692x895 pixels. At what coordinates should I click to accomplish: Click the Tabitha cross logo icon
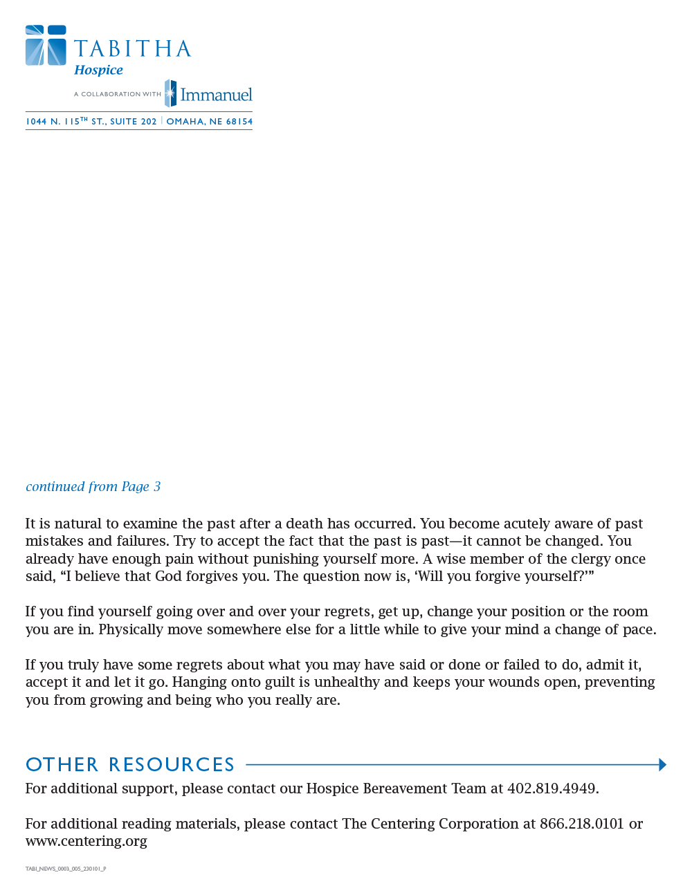pos(46,46)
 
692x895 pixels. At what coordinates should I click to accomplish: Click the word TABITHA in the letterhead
pos(132,49)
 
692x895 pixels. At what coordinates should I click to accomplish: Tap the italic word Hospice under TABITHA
pos(98,70)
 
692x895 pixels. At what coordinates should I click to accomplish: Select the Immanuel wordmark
pos(216,95)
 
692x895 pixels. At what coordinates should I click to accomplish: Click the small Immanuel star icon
pos(170,93)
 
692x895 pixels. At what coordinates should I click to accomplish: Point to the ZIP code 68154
pos(239,122)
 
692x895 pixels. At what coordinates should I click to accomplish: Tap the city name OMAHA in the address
pos(185,122)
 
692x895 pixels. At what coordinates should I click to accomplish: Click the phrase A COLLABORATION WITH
pos(118,94)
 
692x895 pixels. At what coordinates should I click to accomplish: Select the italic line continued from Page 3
pos(93,486)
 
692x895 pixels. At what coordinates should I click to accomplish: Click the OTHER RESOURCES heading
pos(130,764)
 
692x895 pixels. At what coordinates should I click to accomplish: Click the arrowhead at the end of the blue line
pos(662,764)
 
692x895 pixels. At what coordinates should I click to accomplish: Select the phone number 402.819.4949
pos(552,788)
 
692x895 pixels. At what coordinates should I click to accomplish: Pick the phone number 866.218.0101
pos(582,824)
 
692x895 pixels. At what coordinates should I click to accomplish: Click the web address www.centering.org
pos(86,841)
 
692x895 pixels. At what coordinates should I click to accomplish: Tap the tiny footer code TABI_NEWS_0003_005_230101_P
pos(66,869)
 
